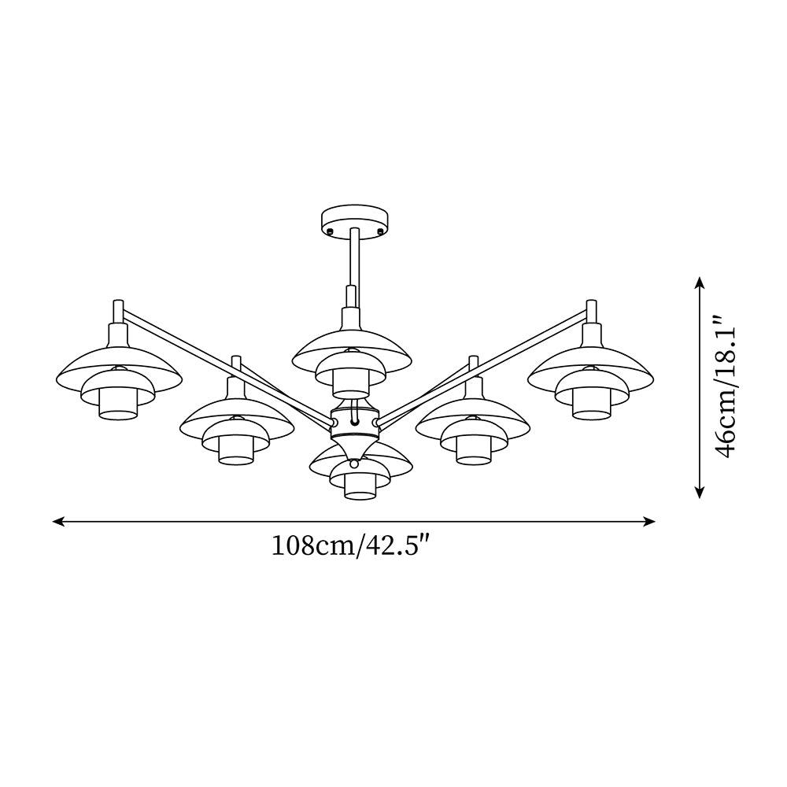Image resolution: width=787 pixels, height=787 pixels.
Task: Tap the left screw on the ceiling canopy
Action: pyautogui.click(x=330, y=231)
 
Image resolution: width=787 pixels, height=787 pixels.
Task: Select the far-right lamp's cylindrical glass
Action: pyautogui.click(x=590, y=404)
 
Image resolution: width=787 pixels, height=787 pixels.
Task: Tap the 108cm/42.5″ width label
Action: pyautogui.click(x=353, y=545)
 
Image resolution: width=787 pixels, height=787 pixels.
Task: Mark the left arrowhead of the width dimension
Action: pyautogui.click(x=57, y=521)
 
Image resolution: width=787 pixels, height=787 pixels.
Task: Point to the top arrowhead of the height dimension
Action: pyautogui.click(x=700, y=282)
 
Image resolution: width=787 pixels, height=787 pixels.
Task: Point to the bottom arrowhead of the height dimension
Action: pyautogui.click(x=700, y=493)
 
